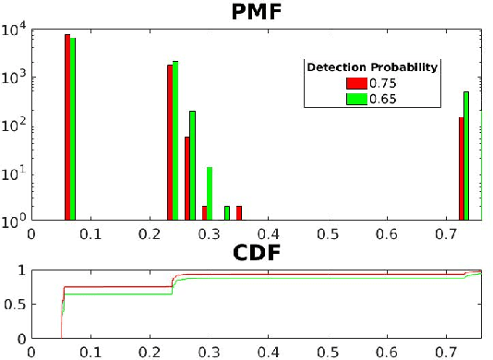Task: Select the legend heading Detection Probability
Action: [371, 67]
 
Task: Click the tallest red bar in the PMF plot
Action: [67, 128]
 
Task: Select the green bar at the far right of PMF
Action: [466, 157]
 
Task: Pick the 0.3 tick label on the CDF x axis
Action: [209, 352]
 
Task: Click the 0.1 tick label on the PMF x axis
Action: [90, 234]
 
